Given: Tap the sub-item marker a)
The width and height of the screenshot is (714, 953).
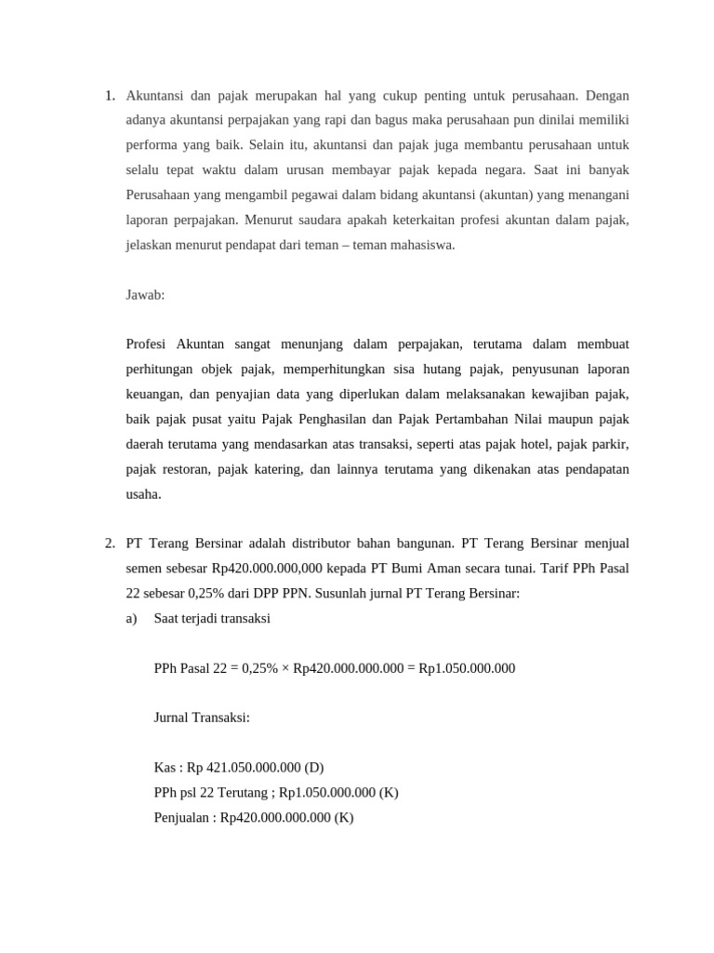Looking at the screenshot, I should pos(131,618).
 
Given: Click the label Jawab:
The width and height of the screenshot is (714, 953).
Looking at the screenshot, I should pos(145,294).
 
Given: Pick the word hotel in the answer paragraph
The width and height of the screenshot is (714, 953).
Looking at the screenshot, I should pos(521,444).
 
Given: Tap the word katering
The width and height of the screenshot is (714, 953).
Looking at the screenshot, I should pos(276,469).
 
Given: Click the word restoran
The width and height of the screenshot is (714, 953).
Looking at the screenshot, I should pos(184,469).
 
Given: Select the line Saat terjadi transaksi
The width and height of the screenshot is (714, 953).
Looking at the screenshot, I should pos(212,618).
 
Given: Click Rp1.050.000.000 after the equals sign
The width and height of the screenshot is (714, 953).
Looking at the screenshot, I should pos(468,668).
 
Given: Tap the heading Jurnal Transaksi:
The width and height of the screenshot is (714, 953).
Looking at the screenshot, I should pos(202,718).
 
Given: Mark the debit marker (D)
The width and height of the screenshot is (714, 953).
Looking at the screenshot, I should pos(314,768).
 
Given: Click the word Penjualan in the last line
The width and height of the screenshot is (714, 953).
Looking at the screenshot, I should pos(183,818).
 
